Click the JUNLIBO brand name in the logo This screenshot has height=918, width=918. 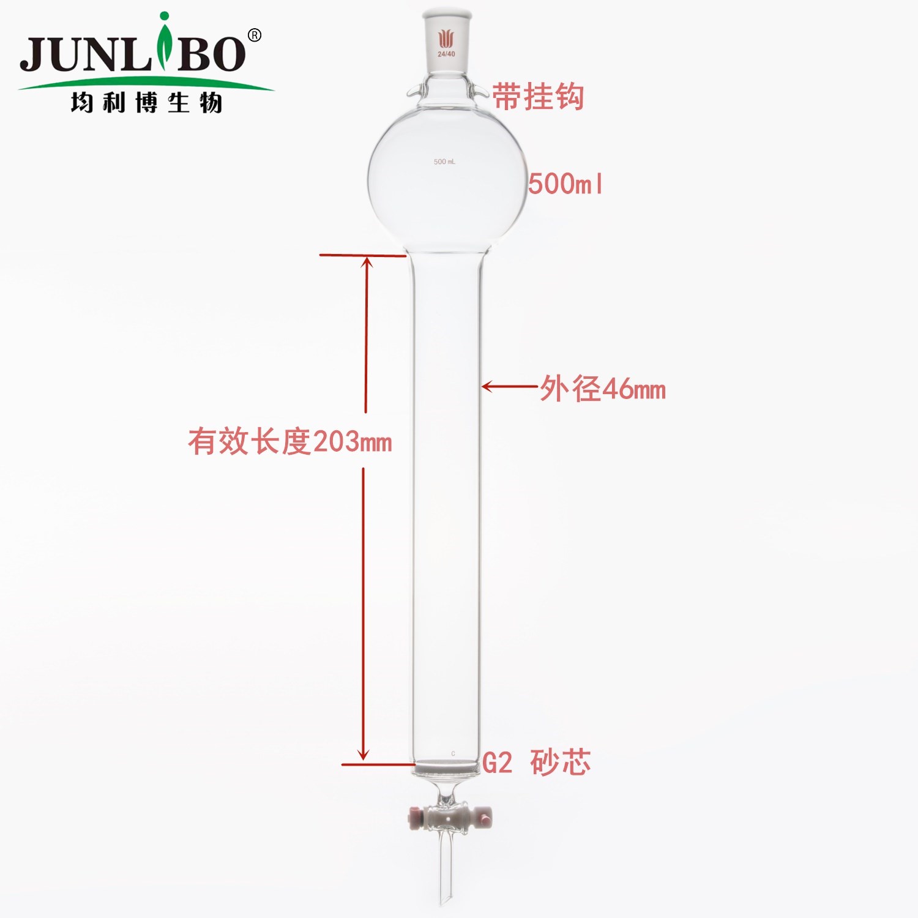click(x=133, y=54)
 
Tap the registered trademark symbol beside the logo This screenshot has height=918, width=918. click(x=254, y=35)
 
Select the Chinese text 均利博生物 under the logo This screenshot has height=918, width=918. click(x=146, y=102)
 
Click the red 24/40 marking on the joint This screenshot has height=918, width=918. click(x=446, y=54)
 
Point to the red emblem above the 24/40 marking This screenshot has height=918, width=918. click(x=446, y=39)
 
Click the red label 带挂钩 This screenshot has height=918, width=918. click(x=538, y=97)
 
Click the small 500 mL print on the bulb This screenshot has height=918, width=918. click(x=444, y=162)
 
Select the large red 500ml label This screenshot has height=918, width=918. click(x=565, y=184)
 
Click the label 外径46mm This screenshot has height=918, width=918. click(x=603, y=389)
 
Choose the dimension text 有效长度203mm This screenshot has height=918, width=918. click(x=289, y=441)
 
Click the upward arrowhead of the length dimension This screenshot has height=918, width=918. click(x=367, y=263)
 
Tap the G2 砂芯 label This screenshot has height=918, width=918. click(x=536, y=763)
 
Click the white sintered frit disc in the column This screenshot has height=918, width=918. click(x=446, y=765)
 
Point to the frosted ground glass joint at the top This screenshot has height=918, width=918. click(x=446, y=43)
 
